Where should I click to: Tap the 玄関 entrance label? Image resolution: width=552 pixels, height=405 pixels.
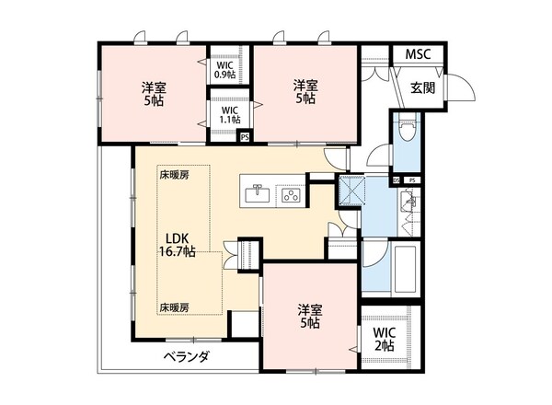pyautogui.click(x=422, y=88)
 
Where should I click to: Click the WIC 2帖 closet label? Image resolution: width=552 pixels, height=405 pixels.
pyautogui.click(x=385, y=339)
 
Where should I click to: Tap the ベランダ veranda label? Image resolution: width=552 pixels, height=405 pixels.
pyautogui.click(x=187, y=357)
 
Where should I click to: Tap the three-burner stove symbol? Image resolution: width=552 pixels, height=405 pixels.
pyautogui.click(x=292, y=194)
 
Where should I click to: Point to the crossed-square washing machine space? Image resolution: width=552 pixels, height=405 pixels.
pyautogui.click(x=351, y=190)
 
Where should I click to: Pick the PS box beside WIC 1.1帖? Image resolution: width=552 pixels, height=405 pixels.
pyautogui.click(x=244, y=138)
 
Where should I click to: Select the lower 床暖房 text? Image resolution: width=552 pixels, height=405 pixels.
pyautogui.click(x=173, y=307)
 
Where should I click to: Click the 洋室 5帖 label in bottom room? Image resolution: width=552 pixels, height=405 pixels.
pyautogui.click(x=309, y=317)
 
